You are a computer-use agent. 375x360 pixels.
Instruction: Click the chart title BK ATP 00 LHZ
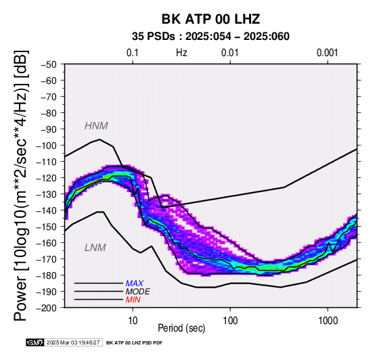(211, 19)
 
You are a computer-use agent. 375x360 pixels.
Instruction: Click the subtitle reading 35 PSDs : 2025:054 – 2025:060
(211, 37)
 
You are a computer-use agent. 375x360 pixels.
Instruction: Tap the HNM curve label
(96, 126)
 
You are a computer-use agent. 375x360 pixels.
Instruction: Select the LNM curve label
(95, 248)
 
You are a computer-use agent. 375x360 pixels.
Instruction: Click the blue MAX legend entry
(135, 284)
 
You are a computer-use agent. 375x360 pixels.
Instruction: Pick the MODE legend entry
(138, 292)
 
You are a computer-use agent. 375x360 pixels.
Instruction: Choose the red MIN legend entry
(133, 300)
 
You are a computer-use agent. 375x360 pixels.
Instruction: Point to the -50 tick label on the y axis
(49, 64)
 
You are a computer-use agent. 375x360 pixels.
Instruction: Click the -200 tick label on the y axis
(47, 308)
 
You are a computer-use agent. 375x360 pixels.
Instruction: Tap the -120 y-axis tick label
(47, 178)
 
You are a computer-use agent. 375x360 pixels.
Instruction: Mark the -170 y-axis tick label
(47, 259)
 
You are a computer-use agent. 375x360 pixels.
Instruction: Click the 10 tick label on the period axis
(133, 321)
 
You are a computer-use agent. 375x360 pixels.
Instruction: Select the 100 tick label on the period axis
(230, 321)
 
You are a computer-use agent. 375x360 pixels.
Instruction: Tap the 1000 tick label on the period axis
(328, 321)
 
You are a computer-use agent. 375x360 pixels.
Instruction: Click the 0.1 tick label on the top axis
(133, 53)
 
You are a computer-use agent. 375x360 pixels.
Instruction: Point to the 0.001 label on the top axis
(328, 53)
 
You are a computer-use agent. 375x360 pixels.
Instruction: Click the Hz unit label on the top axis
(181, 53)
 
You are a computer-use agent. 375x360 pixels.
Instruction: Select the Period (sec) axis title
(181, 328)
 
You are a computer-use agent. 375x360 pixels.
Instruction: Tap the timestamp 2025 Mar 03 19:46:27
(73, 342)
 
